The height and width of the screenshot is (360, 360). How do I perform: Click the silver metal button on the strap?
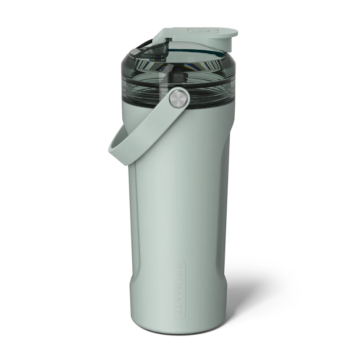pyautogui.click(x=179, y=98)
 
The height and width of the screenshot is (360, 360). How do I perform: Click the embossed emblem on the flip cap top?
pyautogui.click(x=198, y=30)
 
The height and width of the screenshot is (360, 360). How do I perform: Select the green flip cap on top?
pyautogui.click(x=195, y=35)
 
